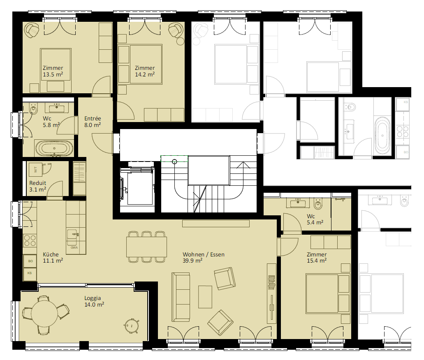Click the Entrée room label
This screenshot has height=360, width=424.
pos(93,118)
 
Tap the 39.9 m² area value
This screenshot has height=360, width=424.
pos(192,261)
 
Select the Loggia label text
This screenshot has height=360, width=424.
pos(93,298)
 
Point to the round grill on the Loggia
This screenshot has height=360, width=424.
pos(132,325)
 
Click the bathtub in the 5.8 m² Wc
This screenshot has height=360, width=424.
pos(55,148)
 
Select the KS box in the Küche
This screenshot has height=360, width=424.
pos(30,273)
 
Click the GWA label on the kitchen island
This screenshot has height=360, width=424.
pos(74,247)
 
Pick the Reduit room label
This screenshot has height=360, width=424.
pos(37,183)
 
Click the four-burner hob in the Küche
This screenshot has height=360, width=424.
pos(30,241)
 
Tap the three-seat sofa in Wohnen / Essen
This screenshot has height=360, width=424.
pos(181,297)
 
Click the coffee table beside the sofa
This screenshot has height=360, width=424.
pos(205,297)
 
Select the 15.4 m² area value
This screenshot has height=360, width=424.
pos(317,261)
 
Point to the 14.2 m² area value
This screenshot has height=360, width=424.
pos(145,74)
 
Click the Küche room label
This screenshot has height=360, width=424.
pos(51,254)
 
